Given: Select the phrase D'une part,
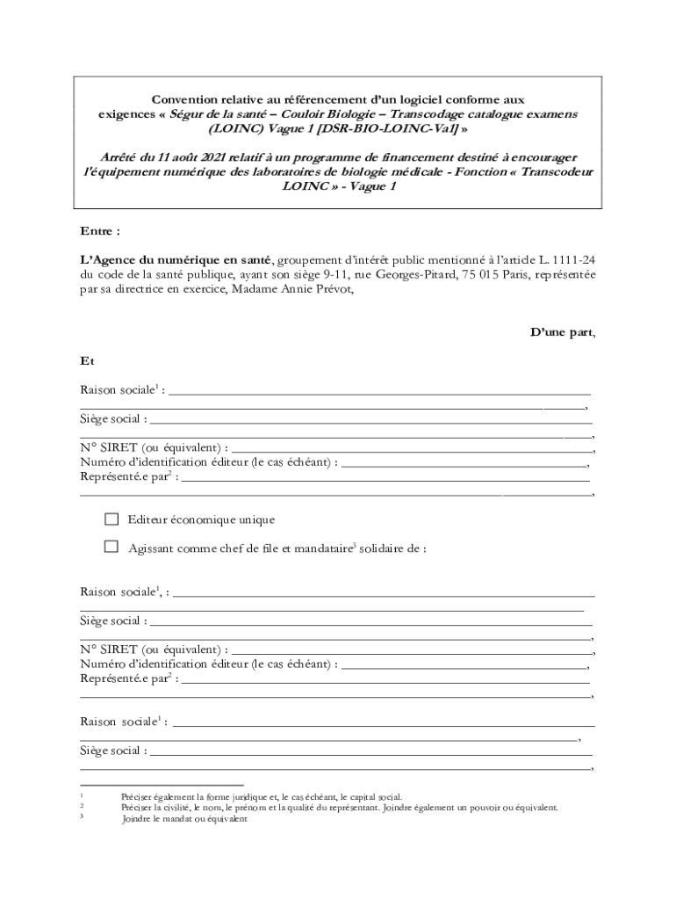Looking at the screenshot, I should pyautogui.click(x=562, y=332).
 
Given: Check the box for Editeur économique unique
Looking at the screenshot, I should pyautogui.click(x=111, y=519).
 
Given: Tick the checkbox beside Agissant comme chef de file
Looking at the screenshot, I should pyautogui.click(x=111, y=547).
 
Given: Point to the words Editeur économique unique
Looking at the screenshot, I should pyautogui.click(x=201, y=519).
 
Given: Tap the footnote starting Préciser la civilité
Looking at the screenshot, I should pyautogui.click(x=338, y=807).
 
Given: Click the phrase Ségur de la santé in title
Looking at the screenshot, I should pyautogui.click(x=224, y=114).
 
